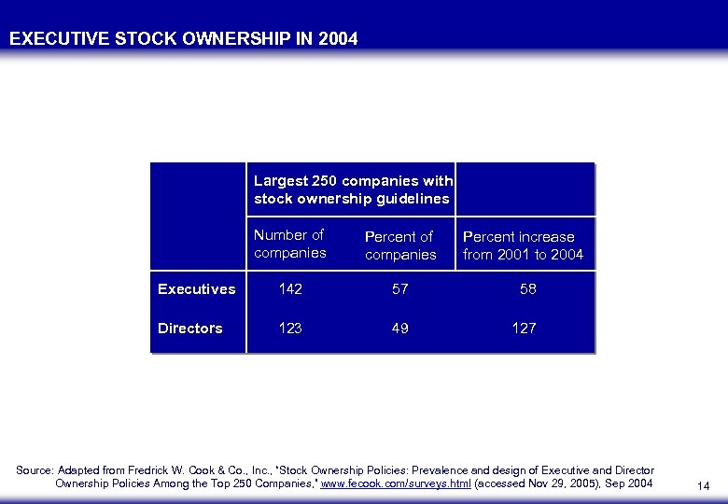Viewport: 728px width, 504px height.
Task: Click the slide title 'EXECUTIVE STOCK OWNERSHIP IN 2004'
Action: click(183, 39)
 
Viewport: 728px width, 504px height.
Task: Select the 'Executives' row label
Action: click(196, 289)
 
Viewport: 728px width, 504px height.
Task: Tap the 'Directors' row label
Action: click(189, 329)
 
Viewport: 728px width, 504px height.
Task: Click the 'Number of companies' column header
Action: click(289, 245)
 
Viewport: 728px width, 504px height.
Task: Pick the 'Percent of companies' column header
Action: click(400, 245)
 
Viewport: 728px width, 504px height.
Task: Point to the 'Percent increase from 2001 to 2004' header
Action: click(523, 245)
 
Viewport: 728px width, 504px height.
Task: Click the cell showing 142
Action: click(290, 289)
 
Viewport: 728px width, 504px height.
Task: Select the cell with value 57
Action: click(399, 289)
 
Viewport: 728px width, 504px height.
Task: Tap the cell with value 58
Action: click(527, 289)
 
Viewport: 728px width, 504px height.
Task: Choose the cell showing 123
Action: click(290, 329)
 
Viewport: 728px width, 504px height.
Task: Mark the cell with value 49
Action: click(399, 329)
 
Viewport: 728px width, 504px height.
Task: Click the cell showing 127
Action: click(524, 329)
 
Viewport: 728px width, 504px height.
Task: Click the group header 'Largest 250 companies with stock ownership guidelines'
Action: click(353, 189)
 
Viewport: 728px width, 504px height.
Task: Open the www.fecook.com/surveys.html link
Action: click(396, 483)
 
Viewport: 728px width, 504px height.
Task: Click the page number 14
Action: click(703, 486)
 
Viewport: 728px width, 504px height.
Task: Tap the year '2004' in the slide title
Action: click(337, 39)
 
